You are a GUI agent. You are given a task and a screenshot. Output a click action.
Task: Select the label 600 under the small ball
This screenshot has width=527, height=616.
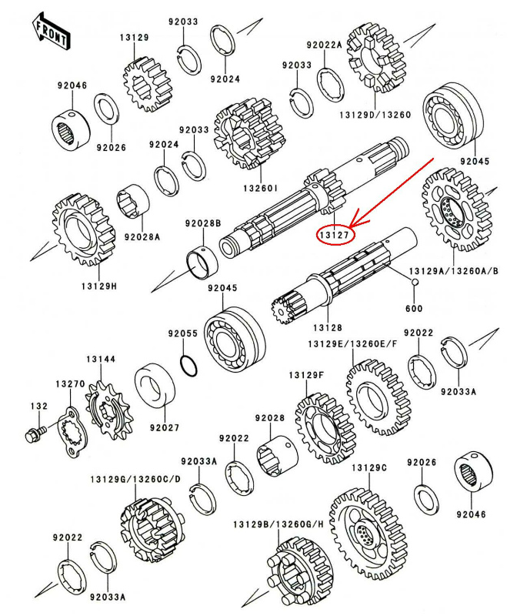(415, 309)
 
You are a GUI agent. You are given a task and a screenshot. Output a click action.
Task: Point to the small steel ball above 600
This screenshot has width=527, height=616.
(415, 283)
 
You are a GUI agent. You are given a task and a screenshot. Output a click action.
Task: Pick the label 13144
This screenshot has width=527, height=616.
(101, 359)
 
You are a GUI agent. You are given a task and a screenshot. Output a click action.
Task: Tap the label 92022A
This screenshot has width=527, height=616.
(323, 45)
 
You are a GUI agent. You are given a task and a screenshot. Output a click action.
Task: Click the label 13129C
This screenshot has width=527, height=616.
(369, 467)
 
